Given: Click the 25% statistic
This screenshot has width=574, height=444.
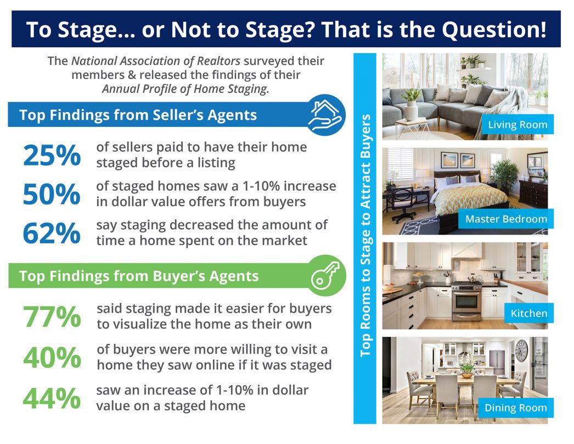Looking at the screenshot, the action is point(52,155).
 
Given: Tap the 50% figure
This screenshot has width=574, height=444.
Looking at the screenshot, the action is point(52,194).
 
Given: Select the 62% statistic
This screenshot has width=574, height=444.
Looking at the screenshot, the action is point(52,233).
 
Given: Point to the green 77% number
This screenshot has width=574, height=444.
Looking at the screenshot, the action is point(52,317).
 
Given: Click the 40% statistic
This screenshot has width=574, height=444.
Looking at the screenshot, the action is point(52,358).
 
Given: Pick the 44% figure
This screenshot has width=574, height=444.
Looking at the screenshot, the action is point(52,398).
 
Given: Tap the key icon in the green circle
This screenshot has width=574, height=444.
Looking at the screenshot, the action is point(325,275).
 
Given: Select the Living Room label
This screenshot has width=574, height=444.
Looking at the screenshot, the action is point(517,125).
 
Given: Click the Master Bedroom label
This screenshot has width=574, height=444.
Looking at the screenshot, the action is point(507,219).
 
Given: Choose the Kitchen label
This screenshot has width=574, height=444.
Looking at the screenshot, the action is point(529,313).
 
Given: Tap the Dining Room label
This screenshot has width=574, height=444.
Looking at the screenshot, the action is point(515,408).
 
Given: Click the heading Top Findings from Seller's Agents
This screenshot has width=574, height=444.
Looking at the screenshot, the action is point(138,115).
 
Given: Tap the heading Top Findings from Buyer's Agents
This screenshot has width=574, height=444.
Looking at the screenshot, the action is point(139,276).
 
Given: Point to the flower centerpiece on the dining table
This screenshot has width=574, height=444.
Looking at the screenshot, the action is point(466,365).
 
